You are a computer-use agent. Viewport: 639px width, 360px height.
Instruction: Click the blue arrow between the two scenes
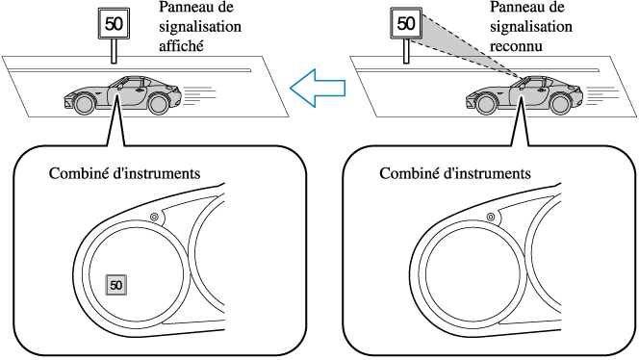point(318,88)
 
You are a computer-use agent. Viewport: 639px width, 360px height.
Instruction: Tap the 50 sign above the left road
point(115,24)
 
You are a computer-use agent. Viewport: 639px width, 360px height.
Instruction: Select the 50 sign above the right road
point(406,23)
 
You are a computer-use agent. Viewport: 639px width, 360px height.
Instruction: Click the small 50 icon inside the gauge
point(116,285)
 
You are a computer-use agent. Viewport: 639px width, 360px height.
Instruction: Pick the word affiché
point(181,45)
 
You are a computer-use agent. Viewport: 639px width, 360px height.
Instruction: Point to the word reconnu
point(516,46)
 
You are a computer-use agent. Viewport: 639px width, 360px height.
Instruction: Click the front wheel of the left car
point(85,104)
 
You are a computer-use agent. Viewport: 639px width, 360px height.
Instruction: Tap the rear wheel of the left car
point(159,104)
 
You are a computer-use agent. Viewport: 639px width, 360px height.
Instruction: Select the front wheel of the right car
point(486,104)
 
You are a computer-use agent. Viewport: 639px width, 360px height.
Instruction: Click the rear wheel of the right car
point(560,104)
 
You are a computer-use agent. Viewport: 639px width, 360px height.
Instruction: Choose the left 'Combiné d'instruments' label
point(125,173)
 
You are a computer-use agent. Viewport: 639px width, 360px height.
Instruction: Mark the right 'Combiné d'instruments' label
point(455,173)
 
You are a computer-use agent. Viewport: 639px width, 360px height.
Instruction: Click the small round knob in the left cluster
point(154,217)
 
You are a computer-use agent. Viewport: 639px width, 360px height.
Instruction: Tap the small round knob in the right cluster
point(491,217)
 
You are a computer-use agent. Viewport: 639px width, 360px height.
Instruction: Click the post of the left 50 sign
point(115,51)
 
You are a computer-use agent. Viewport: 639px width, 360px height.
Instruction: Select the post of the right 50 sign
point(406,51)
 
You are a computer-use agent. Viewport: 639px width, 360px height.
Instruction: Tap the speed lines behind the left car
point(199,95)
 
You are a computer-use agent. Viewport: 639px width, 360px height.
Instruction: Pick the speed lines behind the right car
point(602,95)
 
